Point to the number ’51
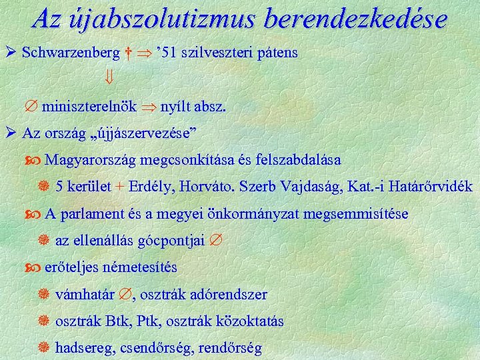pos(164,51)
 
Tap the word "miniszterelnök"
pos(89,107)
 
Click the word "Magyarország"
pos(86,160)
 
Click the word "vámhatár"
pos(83,294)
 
